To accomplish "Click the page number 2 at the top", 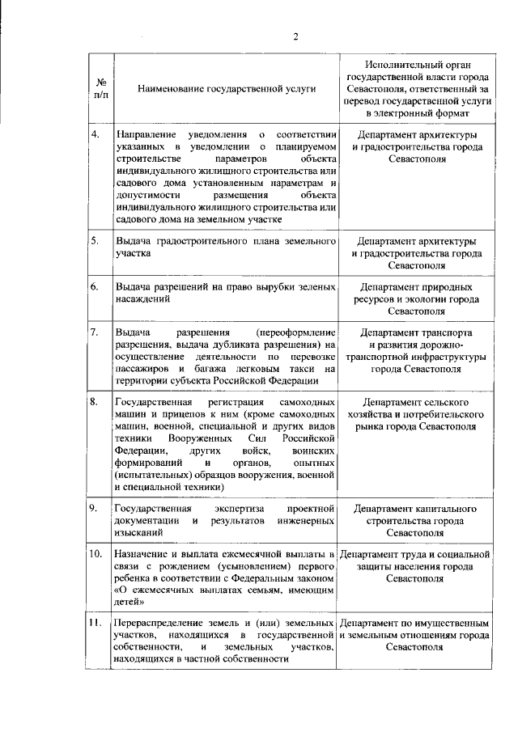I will click(296, 36).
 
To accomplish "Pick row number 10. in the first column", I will click(96, 554).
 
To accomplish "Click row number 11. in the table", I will click(96, 624).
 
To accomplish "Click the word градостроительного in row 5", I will click(206, 241).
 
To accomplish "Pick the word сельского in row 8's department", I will click(448, 401).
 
